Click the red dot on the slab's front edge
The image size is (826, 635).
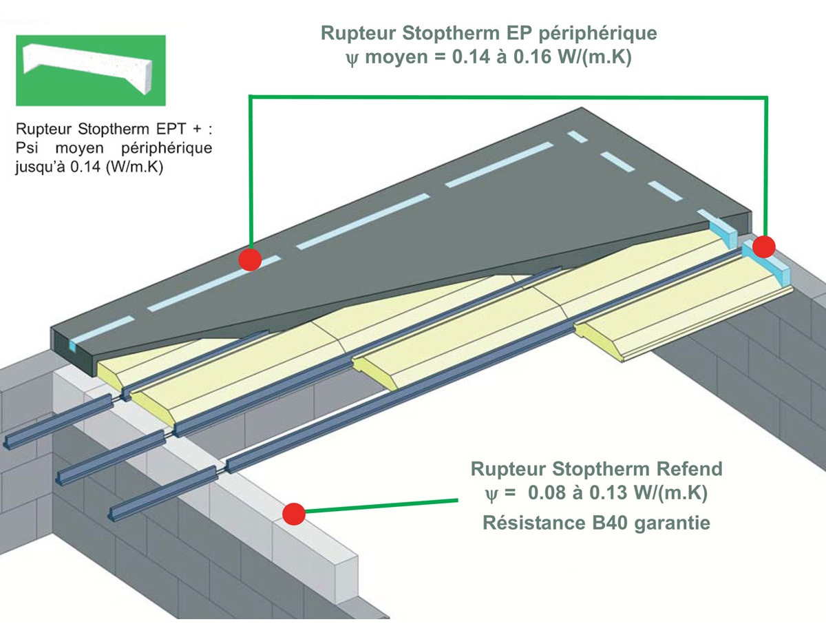pyautogui.click(x=250, y=260)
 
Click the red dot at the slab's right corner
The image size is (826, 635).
pyautogui.click(x=763, y=247)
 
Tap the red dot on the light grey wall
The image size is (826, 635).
pyautogui.click(x=294, y=514)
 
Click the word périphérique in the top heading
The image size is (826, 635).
pyautogui.click(x=598, y=34)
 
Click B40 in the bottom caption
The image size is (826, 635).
pyautogui.click(x=609, y=523)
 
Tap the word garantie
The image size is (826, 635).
pyautogui.click(x=673, y=523)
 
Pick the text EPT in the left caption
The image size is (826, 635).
pyautogui.click(x=171, y=129)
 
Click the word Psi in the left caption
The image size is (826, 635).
pyautogui.click(x=27, y=148)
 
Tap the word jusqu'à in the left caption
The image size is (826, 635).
pyautogui.click(x=40, y=167)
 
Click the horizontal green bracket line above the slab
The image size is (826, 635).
pyautogui.click(x=508, y=97)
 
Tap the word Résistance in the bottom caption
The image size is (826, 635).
pyautogui.click(x=533, y=523)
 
